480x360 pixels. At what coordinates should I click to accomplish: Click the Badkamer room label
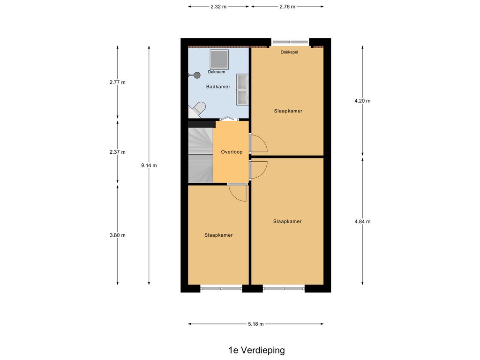218,87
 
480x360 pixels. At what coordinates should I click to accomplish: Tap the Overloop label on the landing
232,152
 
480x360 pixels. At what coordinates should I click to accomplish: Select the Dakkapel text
289,52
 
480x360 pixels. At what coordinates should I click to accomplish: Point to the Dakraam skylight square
219,60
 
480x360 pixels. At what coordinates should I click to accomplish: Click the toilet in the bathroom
196,110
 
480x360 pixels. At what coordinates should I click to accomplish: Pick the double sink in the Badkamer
242,90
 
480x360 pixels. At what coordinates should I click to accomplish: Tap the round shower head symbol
196,75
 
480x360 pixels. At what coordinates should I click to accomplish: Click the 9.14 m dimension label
149,165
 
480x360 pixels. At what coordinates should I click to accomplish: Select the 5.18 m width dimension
255,324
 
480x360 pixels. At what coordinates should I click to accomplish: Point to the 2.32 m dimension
218,7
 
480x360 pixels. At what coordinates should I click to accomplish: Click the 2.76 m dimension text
287,7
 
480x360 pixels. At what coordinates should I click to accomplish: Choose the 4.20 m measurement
362,101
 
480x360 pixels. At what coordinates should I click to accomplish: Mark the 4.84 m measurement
362,221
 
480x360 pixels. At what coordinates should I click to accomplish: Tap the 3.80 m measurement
118,235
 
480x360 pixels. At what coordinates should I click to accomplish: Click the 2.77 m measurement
118,82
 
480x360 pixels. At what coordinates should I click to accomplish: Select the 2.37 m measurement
118,152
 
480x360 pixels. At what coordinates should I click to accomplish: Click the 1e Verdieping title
256,350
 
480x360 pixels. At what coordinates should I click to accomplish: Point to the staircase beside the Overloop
201,156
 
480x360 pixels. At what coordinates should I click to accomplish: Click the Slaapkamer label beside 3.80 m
218,235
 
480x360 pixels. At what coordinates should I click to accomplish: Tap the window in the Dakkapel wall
290,42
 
